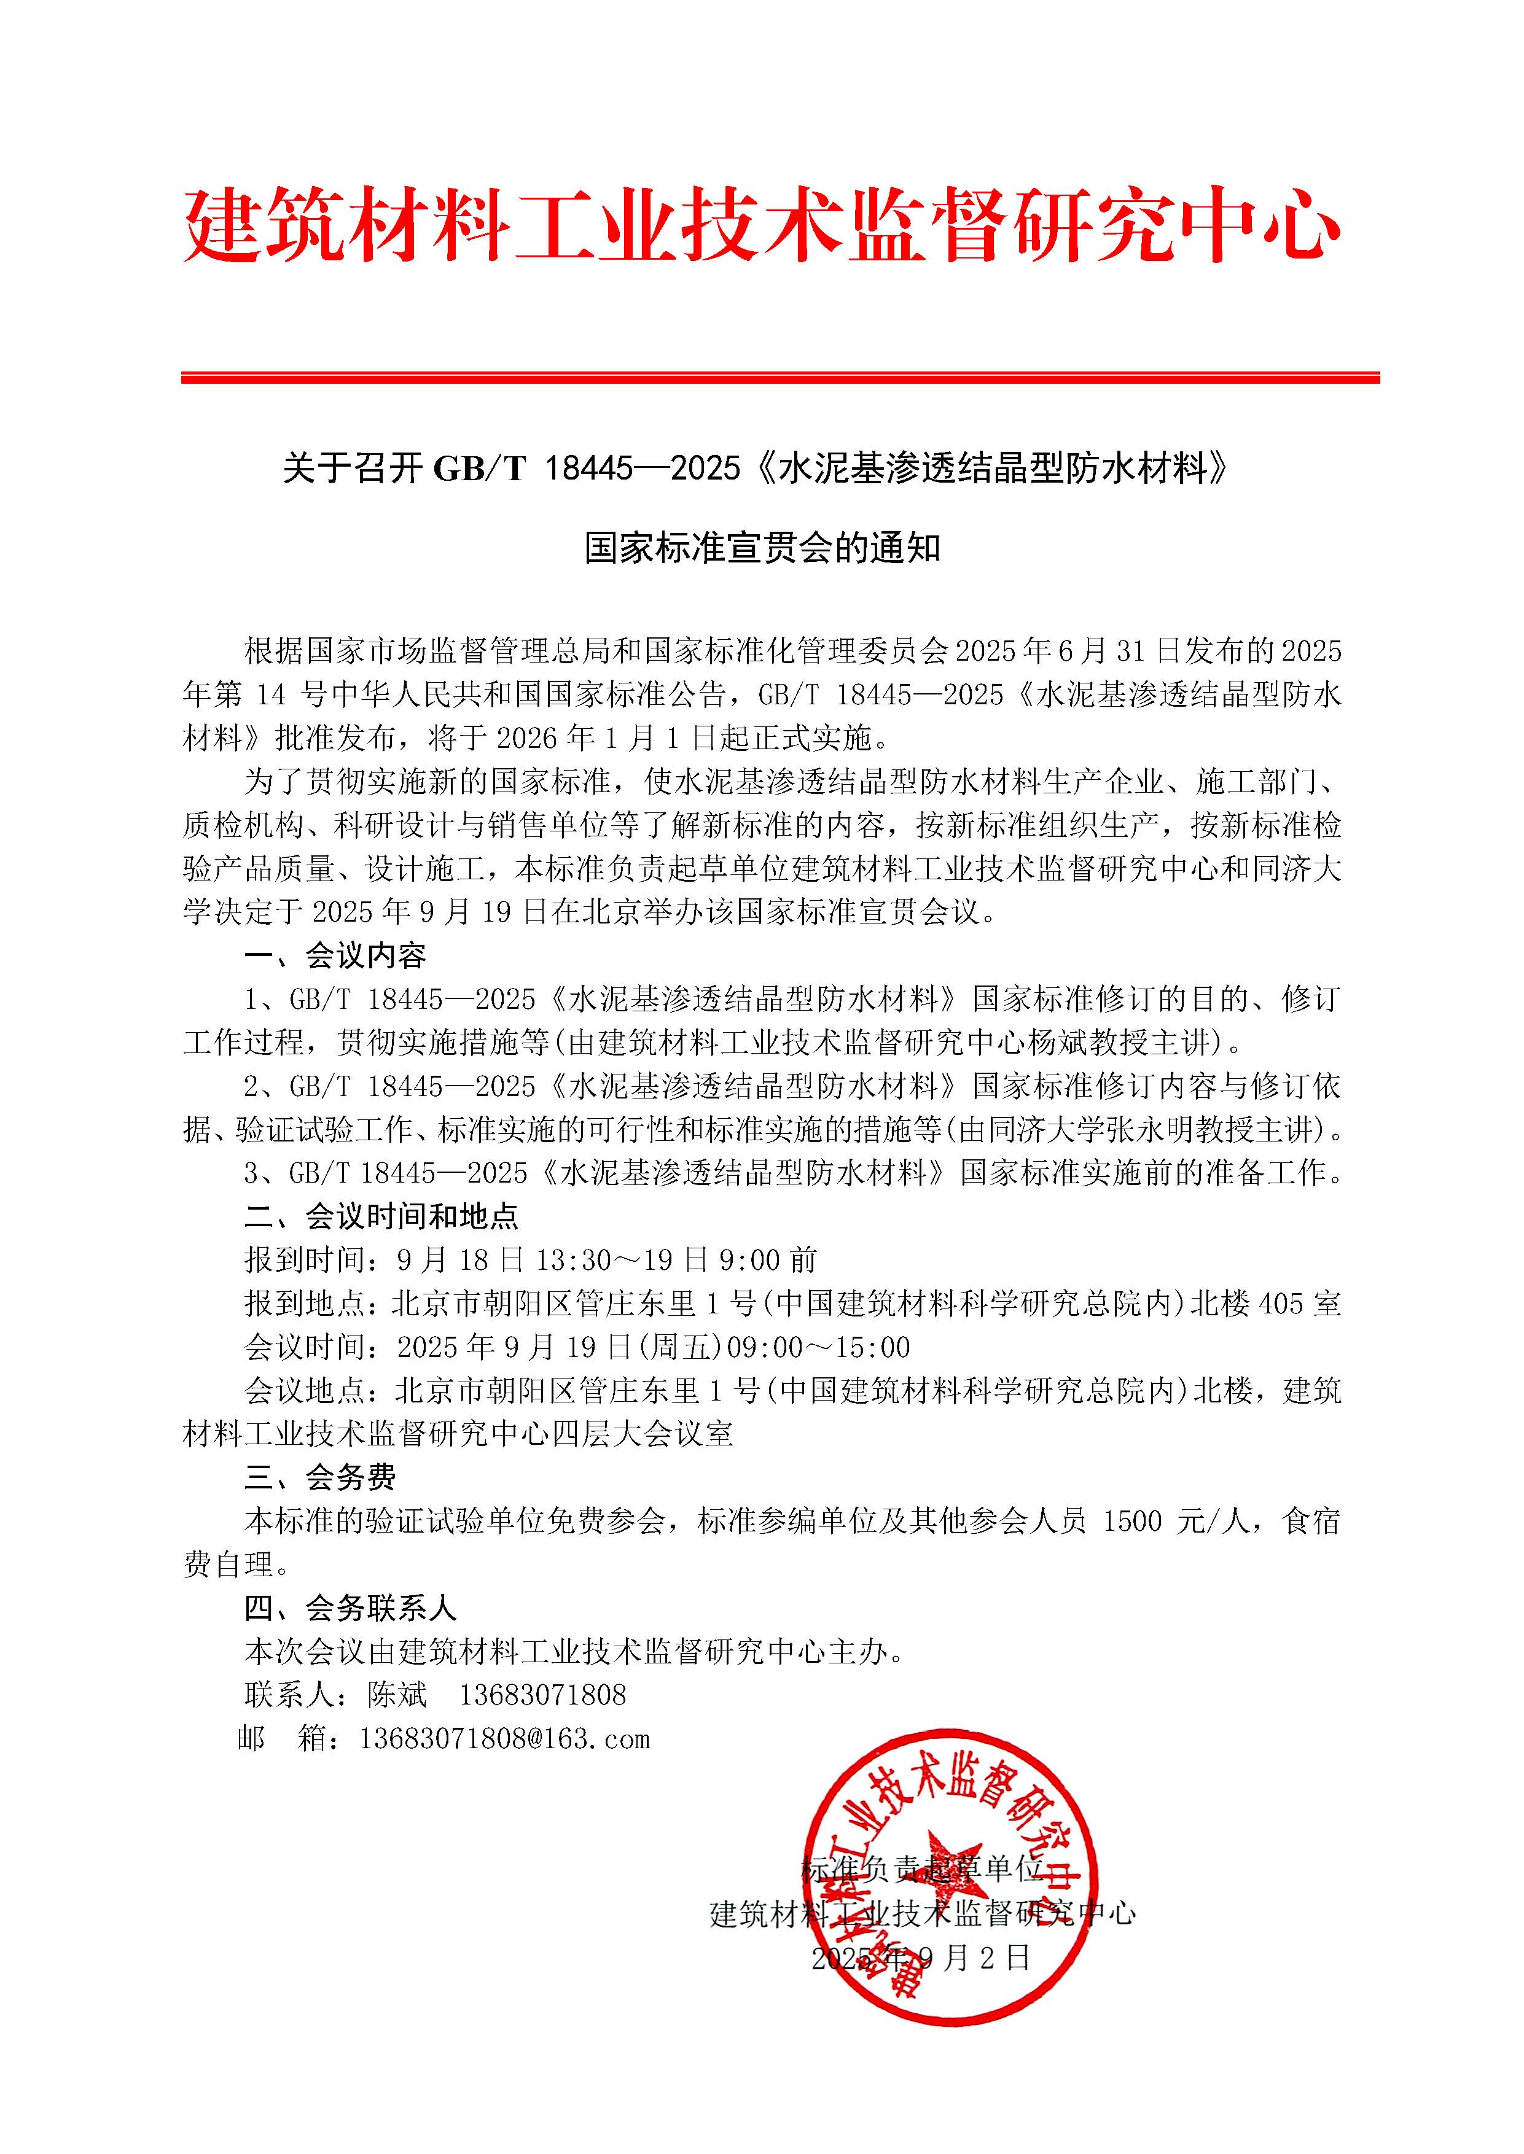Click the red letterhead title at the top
(x=761, y=226)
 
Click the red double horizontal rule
(x=780, y=378)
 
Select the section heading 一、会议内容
(x=335, y=956)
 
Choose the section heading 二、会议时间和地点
(x=381, y=1217)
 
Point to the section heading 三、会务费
(x=320, y=1477)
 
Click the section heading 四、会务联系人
(x=350, y=1609)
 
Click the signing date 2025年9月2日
(x=921, y=1958)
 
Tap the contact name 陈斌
(x=397, y=1695)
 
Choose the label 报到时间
(x=305, y=1260)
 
